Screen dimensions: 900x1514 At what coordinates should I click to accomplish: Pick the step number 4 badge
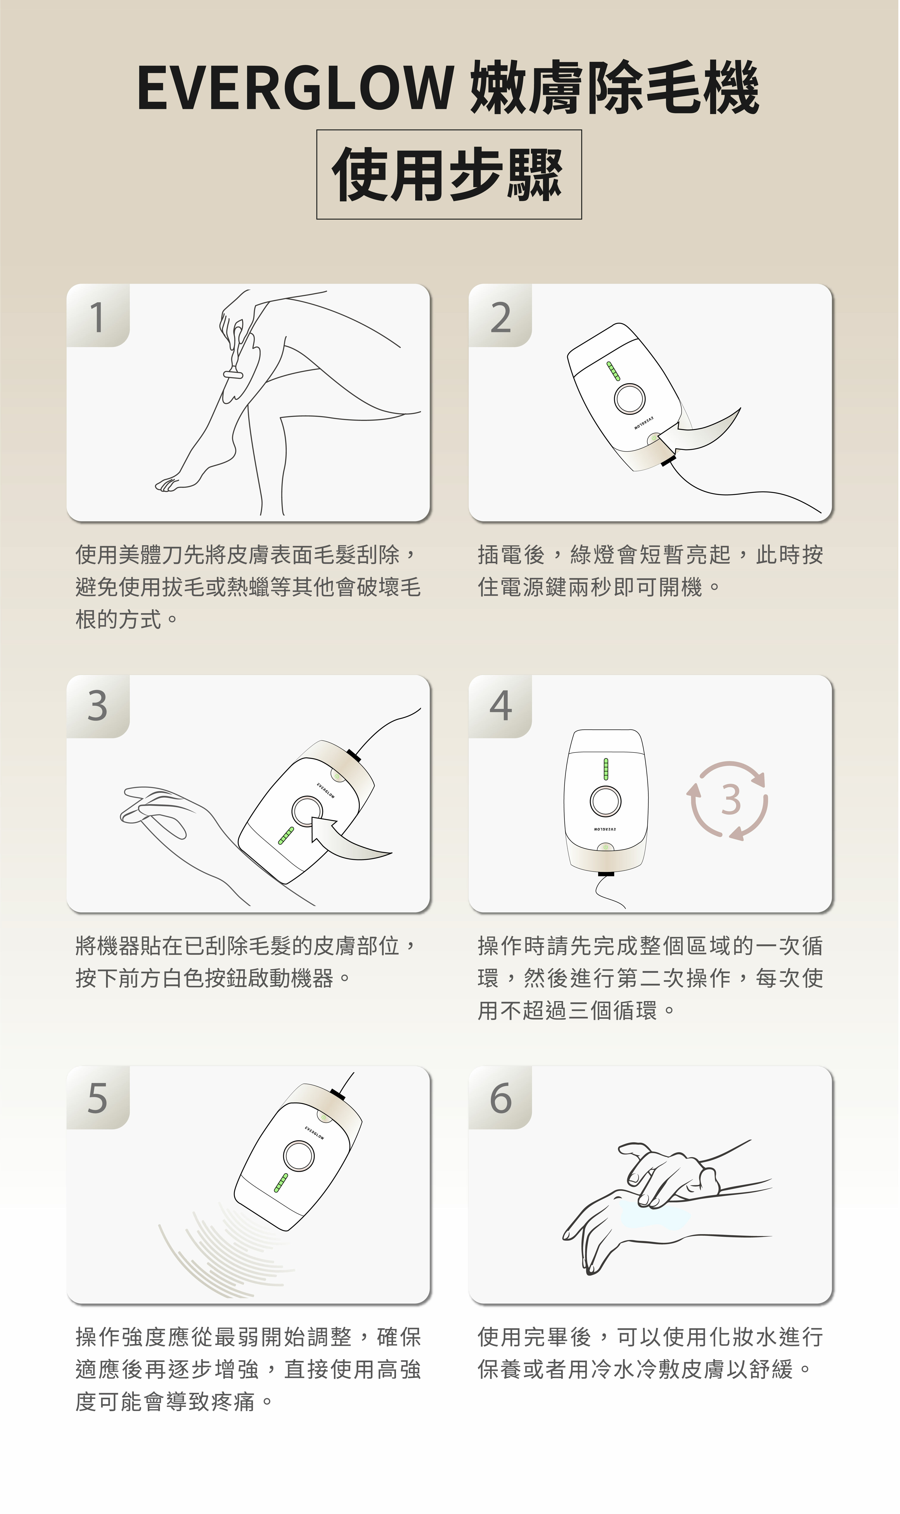click(500, 707)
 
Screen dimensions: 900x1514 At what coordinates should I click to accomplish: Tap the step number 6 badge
click(500, 1098)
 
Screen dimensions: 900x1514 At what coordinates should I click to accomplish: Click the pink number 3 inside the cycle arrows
click(731, 799)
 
